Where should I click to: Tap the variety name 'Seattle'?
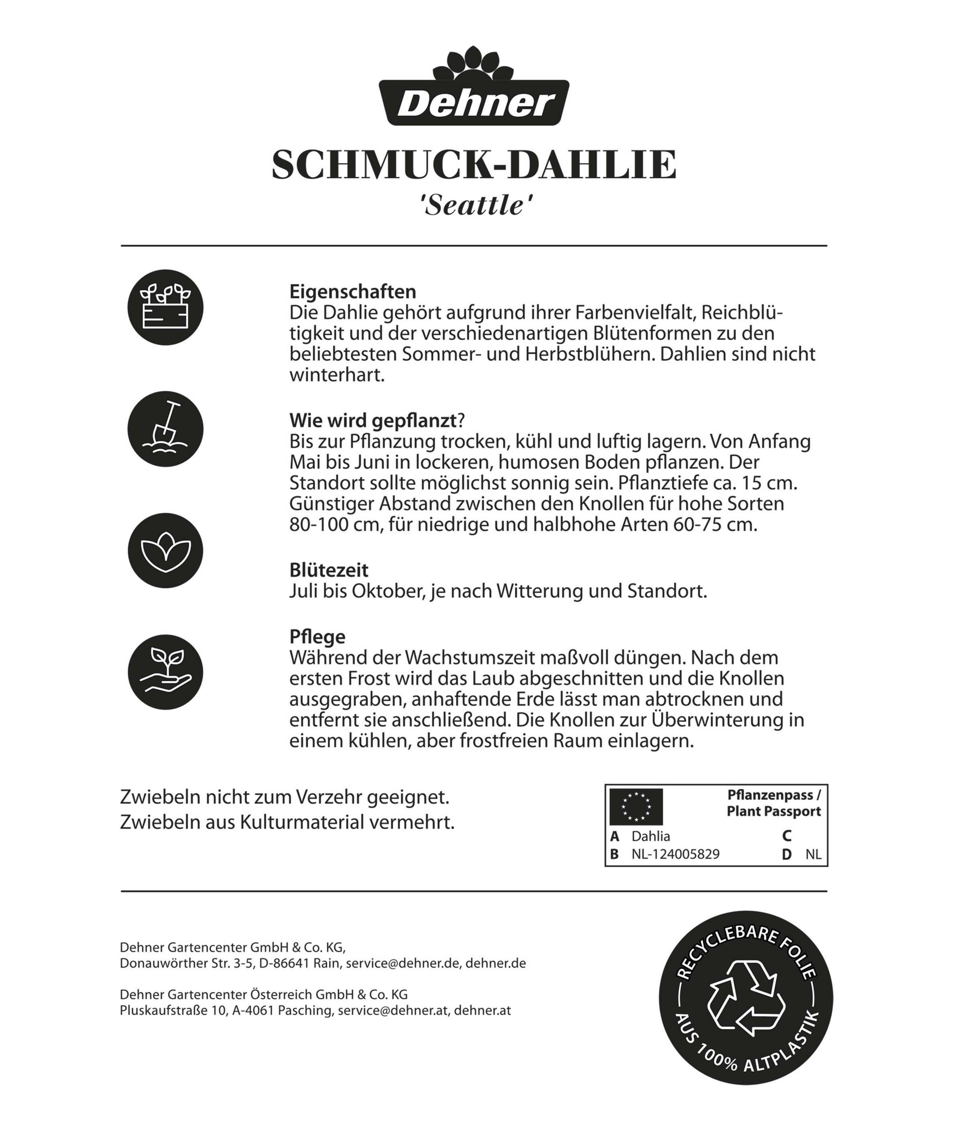pyautogui.click(x=474, y=206)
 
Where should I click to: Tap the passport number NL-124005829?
pyautogui.click(x=675, y=854)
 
